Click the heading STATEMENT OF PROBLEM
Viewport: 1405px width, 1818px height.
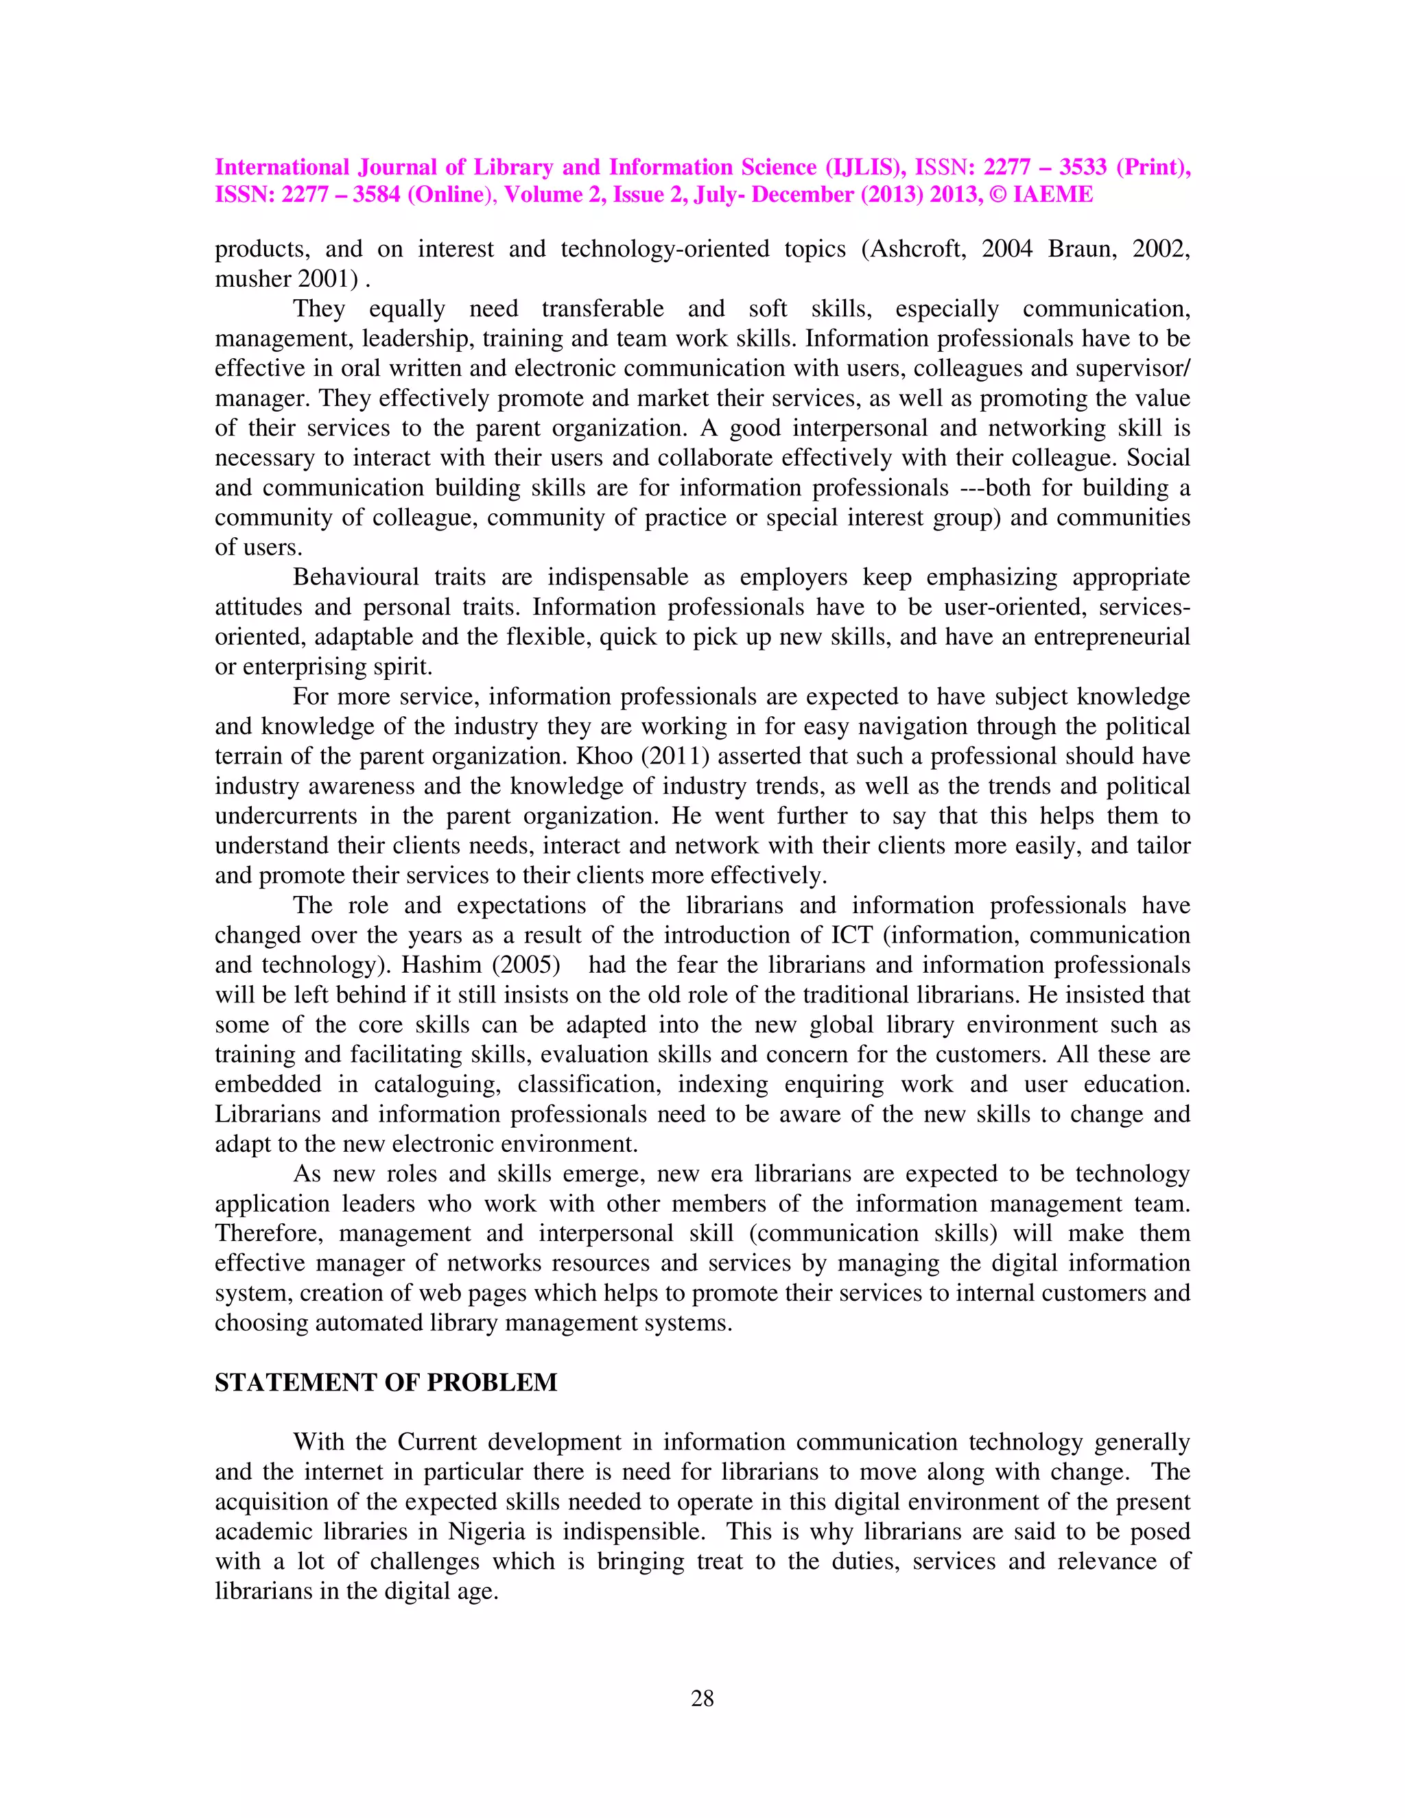(x=386, y=1382)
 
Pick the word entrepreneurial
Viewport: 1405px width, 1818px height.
(x=1111, y=637)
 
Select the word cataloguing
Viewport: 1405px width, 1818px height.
(x=434, y=1085)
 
